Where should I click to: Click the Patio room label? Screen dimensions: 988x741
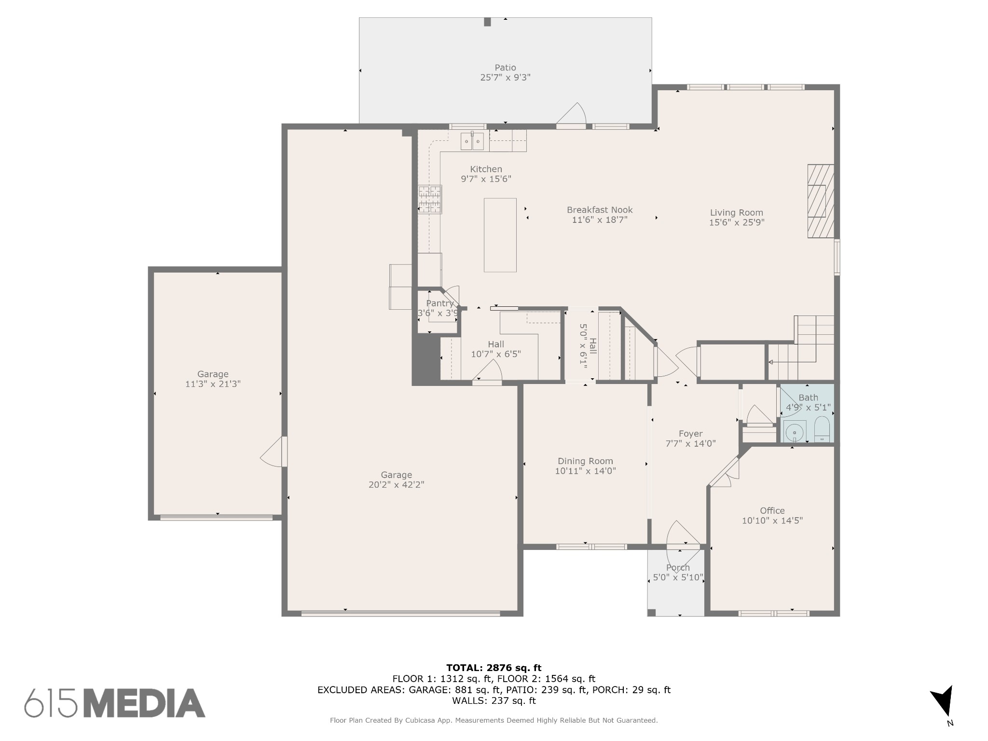point(505,68)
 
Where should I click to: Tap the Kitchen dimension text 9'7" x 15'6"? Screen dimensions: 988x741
point(486,179)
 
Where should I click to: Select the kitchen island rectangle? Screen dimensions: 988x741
point(500,235)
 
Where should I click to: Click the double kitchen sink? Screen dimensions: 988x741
point(472,141)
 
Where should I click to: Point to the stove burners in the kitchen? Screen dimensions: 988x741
point(429,199)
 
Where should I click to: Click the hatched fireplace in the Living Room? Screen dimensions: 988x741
point(821,201)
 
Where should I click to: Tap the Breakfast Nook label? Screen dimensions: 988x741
point(600,210)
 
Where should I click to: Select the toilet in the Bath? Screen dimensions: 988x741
point(822,429)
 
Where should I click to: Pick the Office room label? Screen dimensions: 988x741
point(772,510)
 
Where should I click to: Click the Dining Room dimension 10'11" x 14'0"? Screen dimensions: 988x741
point(585,471)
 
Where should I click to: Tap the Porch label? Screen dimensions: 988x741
point(678,567)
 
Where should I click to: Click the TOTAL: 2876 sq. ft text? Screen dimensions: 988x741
point(494,668)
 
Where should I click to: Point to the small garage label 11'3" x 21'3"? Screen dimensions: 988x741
point(213,384)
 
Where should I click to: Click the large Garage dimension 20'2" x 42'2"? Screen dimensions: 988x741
point(396,485)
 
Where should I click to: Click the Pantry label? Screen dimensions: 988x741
point(439,303)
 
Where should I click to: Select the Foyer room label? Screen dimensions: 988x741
point(690,434)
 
